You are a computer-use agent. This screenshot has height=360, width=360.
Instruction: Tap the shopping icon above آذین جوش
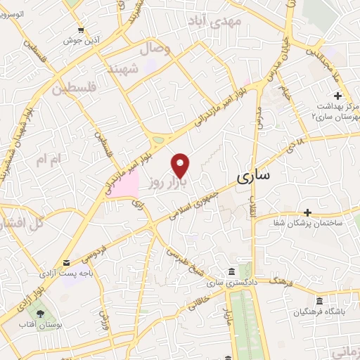(x=82, y=30)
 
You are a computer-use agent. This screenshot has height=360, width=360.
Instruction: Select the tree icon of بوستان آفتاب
(x=41, y=314)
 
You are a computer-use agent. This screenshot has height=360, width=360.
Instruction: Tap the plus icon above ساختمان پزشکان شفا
(x=307, y=212)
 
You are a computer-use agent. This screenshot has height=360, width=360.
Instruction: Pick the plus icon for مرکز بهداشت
(x=337, y=96)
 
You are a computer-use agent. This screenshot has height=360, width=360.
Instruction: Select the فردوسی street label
(x=94, y=252)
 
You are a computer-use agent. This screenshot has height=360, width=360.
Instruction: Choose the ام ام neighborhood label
(x=49, y=160)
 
